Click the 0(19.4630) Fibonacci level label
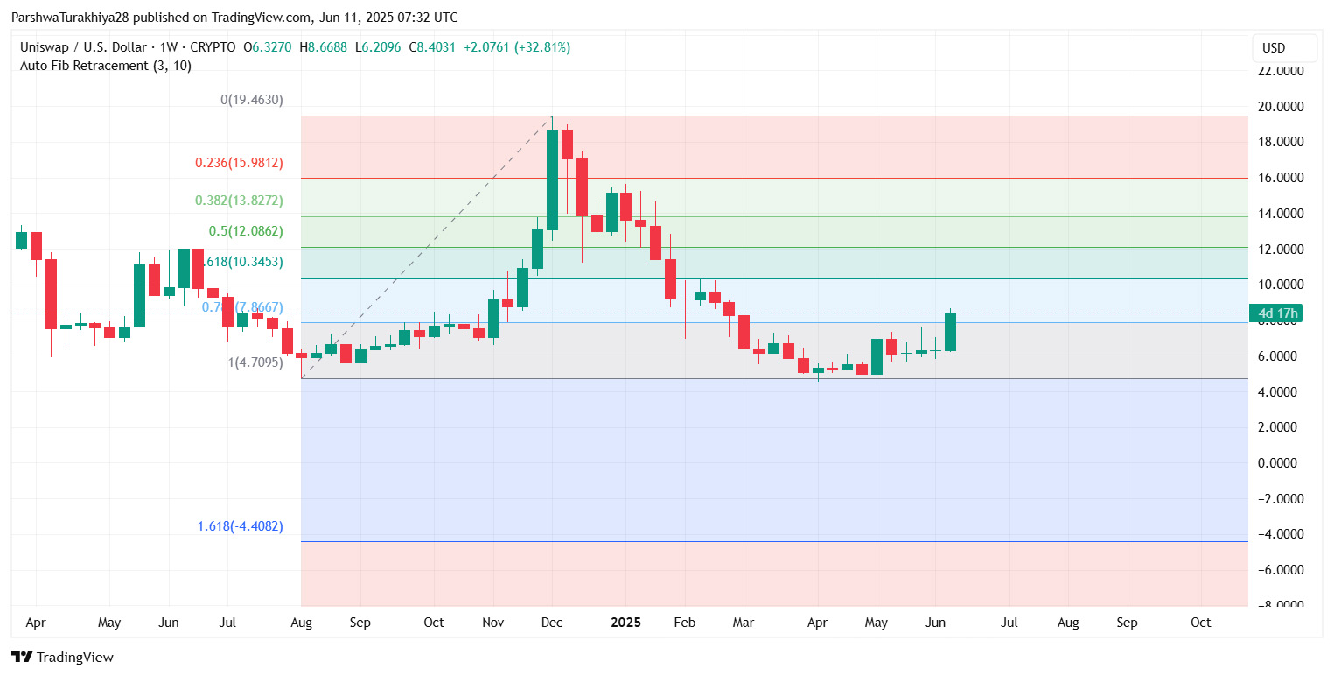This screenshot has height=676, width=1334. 251,100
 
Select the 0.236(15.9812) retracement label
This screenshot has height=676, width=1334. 239,163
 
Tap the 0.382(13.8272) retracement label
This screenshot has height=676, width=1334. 239,201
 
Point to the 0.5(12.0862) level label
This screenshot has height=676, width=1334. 246,231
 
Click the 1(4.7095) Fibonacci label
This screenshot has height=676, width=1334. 255,362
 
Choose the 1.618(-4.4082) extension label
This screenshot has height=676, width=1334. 240,526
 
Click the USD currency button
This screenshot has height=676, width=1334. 1284,47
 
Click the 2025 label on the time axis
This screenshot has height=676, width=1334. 625,623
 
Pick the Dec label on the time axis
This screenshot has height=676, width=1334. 552,623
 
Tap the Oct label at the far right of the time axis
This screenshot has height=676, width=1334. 1201,623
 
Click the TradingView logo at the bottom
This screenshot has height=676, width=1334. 62,658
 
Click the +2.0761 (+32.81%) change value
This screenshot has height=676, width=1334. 516,47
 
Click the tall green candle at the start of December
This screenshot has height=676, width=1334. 552,180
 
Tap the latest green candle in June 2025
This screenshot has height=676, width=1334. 950,332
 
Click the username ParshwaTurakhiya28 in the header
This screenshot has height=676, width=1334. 78,18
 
